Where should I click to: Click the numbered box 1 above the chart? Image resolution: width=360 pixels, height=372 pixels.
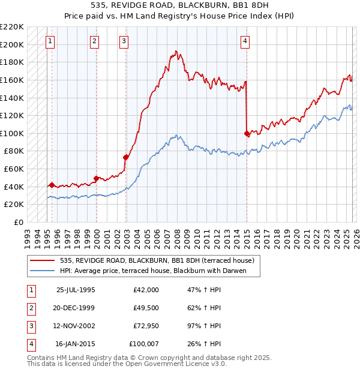tap(50, 41)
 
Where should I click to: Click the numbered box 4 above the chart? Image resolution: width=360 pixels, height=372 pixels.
tap(245, 41)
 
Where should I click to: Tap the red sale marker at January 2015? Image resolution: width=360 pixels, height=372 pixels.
tap(247, 133)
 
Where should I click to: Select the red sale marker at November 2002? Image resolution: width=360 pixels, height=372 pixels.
tap(126, 157)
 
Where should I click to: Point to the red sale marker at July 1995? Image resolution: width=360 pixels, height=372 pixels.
tap(52, 185)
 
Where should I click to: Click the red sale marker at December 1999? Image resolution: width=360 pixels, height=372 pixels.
tap(96, 178)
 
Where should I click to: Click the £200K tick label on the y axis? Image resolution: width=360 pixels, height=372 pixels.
tap(13, 44)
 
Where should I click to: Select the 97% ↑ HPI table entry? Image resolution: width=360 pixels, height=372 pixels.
tap(205, 326)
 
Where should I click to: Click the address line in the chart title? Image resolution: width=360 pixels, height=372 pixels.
tap(179, 7)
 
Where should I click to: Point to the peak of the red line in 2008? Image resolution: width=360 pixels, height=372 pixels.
tap(175, 52)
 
